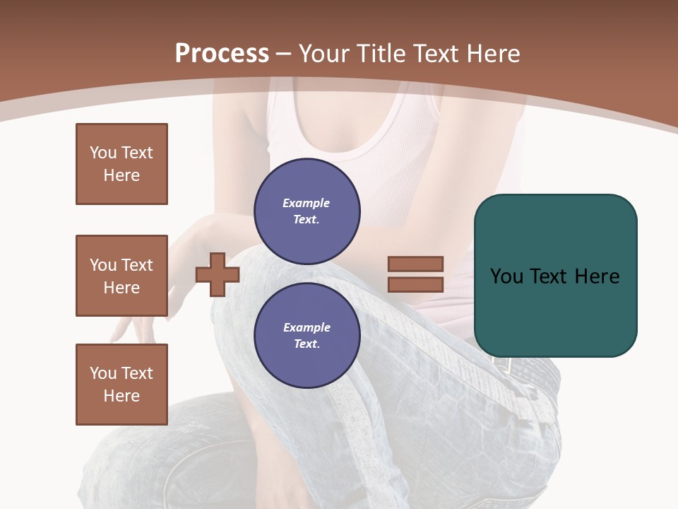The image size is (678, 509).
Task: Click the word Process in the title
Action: coord(222,54)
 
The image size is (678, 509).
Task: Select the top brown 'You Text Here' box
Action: coord(121,164)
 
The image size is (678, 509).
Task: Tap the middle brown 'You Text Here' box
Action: coord(121,276)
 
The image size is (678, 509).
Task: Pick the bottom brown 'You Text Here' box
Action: coord(121,384)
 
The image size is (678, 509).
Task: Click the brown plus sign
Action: coord(218,274)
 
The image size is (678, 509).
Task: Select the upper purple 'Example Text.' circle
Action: coord(307,211)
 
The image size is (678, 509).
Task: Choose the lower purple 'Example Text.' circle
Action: coord(307,336)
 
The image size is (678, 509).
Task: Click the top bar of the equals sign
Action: coord(415,264)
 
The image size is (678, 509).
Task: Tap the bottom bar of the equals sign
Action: coord(415,285)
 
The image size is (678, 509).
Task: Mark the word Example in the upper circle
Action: coord(307,203)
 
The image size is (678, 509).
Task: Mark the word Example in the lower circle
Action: coord(307,327)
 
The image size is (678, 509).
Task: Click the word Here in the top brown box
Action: coord(121,175)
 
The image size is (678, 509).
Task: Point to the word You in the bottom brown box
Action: coord(103,373)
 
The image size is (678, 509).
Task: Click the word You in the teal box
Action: coord(506,276)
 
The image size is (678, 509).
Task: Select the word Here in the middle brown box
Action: coord(121,288)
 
